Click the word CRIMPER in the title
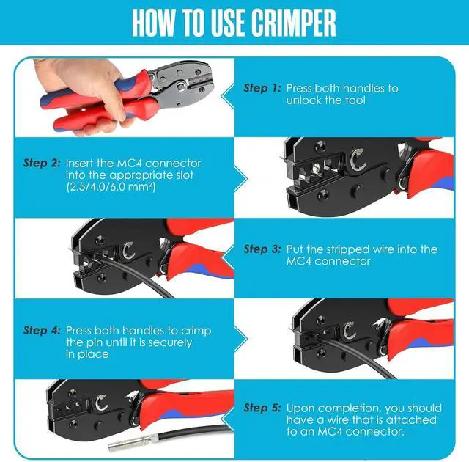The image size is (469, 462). pos(293,23)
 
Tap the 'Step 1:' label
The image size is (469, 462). pos(262,88)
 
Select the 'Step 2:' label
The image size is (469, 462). pos(42,163)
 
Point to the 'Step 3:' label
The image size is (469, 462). pos(262,249)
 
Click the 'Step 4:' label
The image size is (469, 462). pos(42,330)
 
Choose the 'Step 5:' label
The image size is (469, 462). pos(262,408)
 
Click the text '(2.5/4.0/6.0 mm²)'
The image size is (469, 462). pos(111,187)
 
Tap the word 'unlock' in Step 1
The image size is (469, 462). pos(303,100)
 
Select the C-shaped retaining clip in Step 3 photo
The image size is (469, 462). pos(129,250)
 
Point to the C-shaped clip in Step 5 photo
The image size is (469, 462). pos(101,403)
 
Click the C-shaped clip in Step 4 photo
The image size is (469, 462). pos(349,331)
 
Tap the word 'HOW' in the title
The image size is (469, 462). pos(153,23)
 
